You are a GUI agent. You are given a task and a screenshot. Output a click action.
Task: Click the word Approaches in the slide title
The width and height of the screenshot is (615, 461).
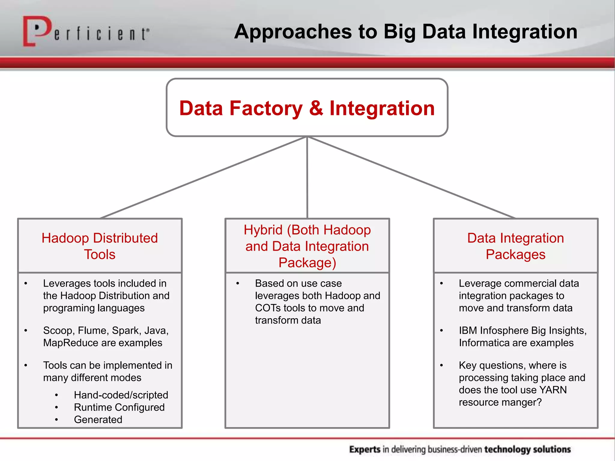point(293,32)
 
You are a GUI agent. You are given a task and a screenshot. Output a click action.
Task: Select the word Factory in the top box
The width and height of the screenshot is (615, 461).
point(266,109)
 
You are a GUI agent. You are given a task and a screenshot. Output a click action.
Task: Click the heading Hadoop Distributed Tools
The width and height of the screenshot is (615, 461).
point(100,246)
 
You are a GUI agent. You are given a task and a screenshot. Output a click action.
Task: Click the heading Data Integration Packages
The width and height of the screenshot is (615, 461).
point(515,246)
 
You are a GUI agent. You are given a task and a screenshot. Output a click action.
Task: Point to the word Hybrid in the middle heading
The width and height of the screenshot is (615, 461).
point(263,230)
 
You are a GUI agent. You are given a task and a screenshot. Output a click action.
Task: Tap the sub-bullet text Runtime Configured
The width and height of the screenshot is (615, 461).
point(119,407)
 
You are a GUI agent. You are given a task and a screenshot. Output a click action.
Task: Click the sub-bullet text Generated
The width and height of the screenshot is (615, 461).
point(98,420)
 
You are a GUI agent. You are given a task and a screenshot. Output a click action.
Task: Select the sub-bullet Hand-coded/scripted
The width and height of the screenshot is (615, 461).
point(121,395)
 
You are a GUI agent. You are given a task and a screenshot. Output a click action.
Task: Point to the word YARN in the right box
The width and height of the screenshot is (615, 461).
point(553,390)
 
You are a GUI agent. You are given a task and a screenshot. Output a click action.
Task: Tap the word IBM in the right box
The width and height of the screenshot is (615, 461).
point(468,330)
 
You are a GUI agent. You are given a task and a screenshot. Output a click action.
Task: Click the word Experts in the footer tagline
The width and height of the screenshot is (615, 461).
point(365,449)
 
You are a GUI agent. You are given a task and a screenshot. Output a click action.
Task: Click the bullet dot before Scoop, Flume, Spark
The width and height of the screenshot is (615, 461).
point(26,331)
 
